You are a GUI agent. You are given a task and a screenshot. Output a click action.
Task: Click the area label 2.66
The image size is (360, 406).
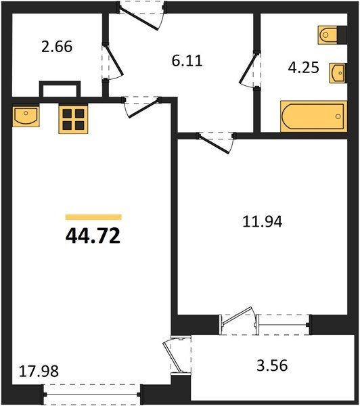click(x=57, y=47)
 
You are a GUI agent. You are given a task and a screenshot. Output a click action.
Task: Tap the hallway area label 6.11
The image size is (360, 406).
click(x=187, y=61)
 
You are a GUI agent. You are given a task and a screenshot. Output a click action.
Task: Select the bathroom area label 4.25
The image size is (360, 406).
click(x=304, y=68)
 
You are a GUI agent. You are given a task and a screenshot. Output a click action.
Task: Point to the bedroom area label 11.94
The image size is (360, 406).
click(x=263, y=222)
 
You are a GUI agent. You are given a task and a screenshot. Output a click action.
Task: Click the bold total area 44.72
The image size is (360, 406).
click(x=93, y=236)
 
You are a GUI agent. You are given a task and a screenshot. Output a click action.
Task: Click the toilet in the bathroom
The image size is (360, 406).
click(x=328, y=35)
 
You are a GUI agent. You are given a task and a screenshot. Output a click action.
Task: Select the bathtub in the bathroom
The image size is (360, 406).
click(x=313, y=116)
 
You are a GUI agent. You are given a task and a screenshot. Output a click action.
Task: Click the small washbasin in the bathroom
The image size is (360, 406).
click(x=338, y=73)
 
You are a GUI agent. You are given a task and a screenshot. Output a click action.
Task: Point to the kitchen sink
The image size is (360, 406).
click(x=26, y=115)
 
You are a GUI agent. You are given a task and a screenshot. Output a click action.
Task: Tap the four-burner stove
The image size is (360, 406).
click(x=74, y=119)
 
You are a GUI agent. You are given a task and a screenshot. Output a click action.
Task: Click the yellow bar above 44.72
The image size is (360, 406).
click(x=93, y=217)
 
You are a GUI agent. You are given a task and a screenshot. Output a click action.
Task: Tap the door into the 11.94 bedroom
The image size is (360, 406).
click(x=215, y=143)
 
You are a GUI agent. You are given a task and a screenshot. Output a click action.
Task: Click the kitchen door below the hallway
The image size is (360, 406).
click(x=142, y=107)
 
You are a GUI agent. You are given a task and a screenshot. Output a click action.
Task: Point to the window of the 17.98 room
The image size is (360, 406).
click(x=92, y=394)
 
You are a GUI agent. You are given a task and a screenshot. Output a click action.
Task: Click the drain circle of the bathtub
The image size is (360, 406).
click(x=338, y=116)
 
